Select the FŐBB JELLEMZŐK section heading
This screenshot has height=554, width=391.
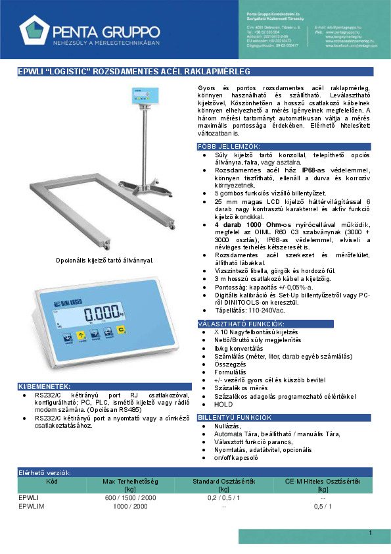click(x=229, y=145)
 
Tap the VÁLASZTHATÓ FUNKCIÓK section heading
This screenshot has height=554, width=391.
click(x=241, y=324)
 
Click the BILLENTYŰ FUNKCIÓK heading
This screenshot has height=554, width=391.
click(x=235, y=418)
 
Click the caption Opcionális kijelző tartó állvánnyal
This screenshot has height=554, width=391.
click(x=104, y=260)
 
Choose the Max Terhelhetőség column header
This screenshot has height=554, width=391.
click(x=130, y=484)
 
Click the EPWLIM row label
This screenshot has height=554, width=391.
click(x=32, y=505)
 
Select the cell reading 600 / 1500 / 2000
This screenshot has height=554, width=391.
click(x=130, y=498)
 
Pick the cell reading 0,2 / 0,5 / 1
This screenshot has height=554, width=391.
click(x=223, y=498)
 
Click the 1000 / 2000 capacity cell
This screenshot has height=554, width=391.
click(x=130, y=505)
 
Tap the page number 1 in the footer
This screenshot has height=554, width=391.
click(x=371, y=532)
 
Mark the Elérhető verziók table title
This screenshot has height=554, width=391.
click(x=45, y=472)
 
